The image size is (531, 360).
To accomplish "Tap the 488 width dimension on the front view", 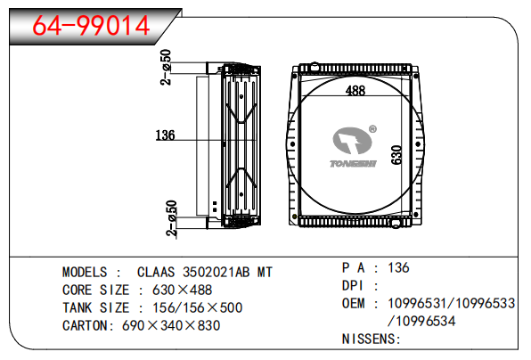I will [x=355, y=90].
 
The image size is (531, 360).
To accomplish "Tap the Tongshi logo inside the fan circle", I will [x=353, y=147].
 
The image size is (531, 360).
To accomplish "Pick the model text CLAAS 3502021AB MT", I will [x=206, y=272].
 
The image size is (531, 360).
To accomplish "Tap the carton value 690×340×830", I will [x=170, y=325].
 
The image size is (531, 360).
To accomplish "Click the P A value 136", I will [x=399, y=267].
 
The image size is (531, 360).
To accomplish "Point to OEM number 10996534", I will [x=422, y=321].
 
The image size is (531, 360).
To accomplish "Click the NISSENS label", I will [x=369, y=340].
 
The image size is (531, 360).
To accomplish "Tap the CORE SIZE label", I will [x=94, y=290].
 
